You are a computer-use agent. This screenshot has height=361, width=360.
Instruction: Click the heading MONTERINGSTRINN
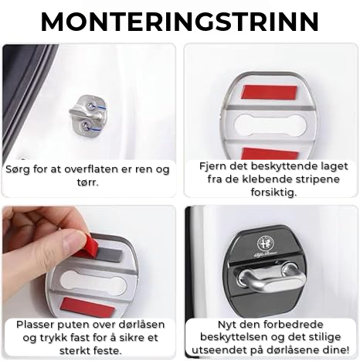tap(180, 22)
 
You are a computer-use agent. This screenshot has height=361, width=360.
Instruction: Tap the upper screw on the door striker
tap(91, 104)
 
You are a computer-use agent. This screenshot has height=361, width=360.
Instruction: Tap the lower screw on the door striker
tap(84, 126)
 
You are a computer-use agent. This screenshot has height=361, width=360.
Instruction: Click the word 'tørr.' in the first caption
tap(88, 182)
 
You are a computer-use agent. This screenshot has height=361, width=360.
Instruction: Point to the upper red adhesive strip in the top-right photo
tap(269, 93)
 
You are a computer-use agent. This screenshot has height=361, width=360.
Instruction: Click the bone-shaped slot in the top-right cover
tap(271, 124)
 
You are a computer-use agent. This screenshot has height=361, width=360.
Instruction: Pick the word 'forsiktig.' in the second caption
tap(273, 192)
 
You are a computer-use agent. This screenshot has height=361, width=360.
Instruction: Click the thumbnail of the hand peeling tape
tap(89, 262)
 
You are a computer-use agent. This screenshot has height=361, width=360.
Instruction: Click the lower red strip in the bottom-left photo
tap(87, 307)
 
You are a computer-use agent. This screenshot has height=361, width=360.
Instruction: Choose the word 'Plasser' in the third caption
tap(36, 325)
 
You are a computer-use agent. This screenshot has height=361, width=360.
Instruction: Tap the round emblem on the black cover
tap(266, 243)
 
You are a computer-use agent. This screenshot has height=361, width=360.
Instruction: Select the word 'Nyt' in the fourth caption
tap(226, 325)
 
